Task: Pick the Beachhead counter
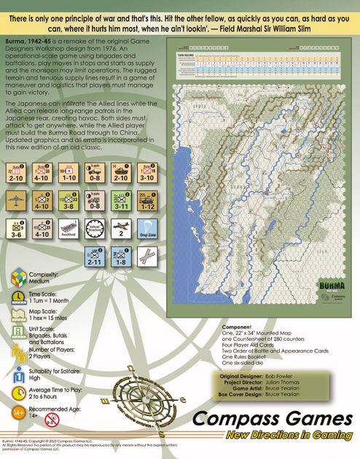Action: pos(69,229)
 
